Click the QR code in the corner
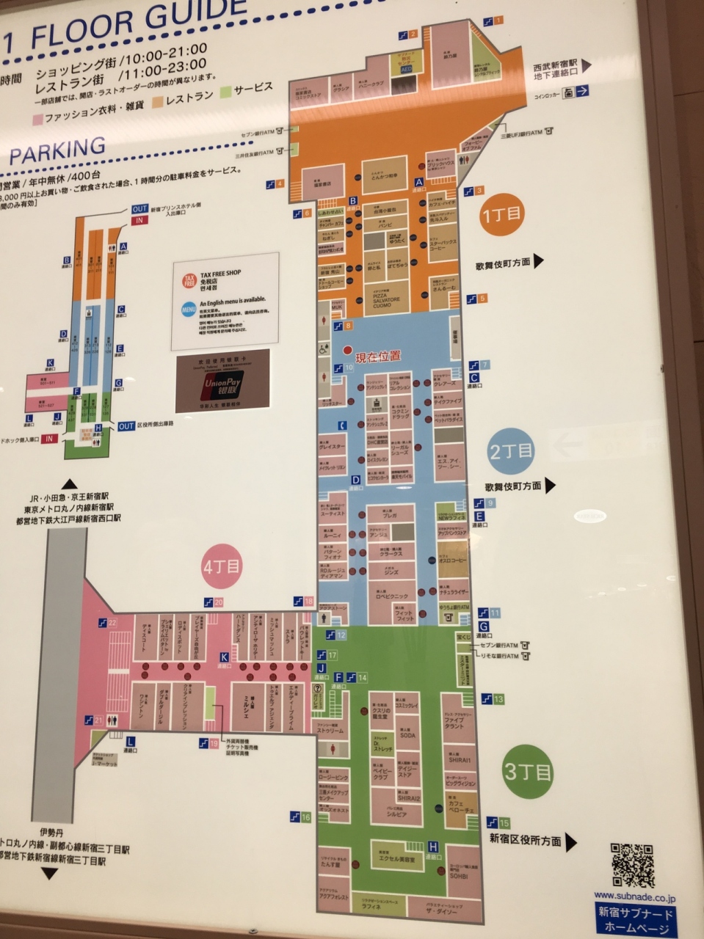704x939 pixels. (x=633, y=866)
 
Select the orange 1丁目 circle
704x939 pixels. (x=501, y=214)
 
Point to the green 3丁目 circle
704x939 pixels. (x=528, y=772)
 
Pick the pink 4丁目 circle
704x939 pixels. (x=222, y=566)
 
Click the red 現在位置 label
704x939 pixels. (x=377, y=357)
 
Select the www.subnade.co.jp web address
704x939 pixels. (x=635, y=897)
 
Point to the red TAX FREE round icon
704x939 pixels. (x=189, y=281)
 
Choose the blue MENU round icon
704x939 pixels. (x=189, y=310)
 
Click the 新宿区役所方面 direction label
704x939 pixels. (x=526, y=841)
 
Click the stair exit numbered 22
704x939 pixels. (x=108, y=623)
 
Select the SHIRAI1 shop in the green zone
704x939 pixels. (x=460, y=760)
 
